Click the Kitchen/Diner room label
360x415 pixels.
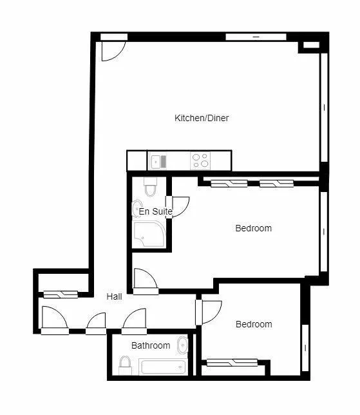pyautogui.click(x=202, y=118)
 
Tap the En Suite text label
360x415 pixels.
pyautogui.click(x=155, y=211)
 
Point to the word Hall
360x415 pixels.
pyautogui.click(x=115, y=296)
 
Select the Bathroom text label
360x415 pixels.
pyautogui.click(x=151, y=345)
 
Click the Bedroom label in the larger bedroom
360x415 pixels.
pyautogui.click(x=253, y=228)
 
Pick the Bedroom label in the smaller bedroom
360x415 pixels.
pyautogui.click(x=253, y=324)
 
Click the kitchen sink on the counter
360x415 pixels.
pyautogui.click(x=158, y=160)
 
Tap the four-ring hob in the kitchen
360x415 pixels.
pyautogui.click(x=200, y=160)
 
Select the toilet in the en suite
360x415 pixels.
pyautogui.click(x=151, y=188)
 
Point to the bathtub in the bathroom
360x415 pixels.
pyautogui.click(x=163, y=367)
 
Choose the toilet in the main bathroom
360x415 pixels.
pyautogui.click(x=126, y=366)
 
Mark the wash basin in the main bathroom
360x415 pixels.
pyautogui.click(x=183, y=345)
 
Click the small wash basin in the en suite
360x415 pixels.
pyautogui.click(x=137, y=210)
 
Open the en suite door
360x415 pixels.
pyautogui.click(x=178, y=206)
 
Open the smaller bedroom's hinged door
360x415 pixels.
pyautogui.click(x=210, y=312)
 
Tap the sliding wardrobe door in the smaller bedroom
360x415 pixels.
pyautogui.click(x=231, y=362)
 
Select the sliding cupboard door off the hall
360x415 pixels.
pyautogui.click(x=61, y=294)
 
